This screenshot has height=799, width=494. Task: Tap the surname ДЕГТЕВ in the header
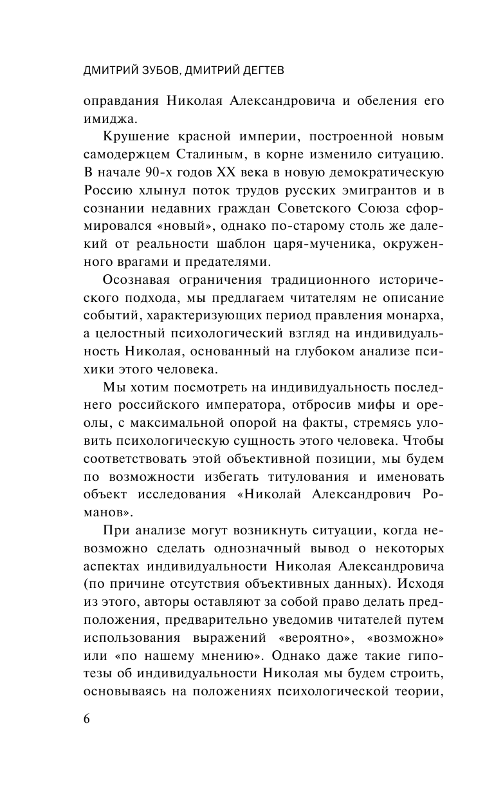(x=254, y=71)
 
